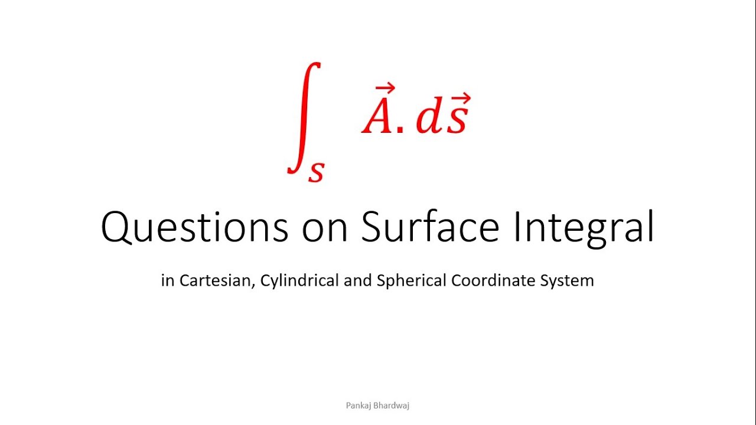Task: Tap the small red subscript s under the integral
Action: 317,171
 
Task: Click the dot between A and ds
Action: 400,130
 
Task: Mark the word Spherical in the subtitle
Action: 412,281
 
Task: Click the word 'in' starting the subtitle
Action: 168,281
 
